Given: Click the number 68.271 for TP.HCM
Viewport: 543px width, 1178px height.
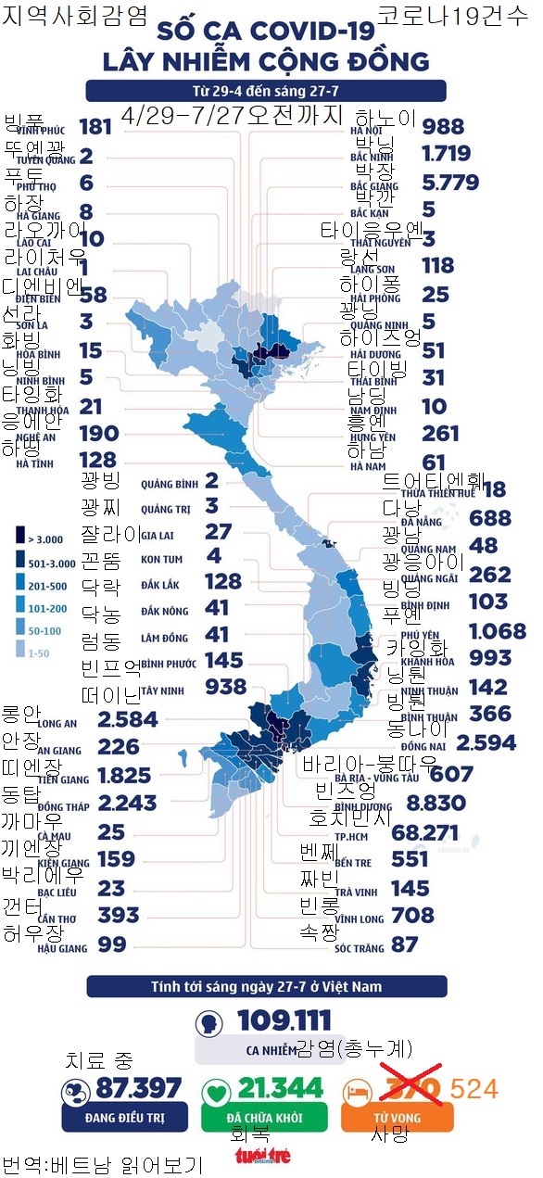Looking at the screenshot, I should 464,832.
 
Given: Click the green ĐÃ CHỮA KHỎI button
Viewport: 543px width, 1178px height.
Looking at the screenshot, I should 265,1118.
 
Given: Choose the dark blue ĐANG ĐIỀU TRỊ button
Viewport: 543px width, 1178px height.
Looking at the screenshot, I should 124,1118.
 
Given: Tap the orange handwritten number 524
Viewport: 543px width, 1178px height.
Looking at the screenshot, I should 474,1088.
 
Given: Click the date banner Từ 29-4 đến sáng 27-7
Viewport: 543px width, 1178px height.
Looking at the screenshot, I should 266,91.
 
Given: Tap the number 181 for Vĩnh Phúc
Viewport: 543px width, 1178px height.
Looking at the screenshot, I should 95,127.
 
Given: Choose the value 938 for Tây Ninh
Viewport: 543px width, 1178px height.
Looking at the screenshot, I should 225,686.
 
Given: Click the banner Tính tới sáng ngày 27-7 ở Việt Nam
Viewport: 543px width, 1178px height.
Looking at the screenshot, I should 266,986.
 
